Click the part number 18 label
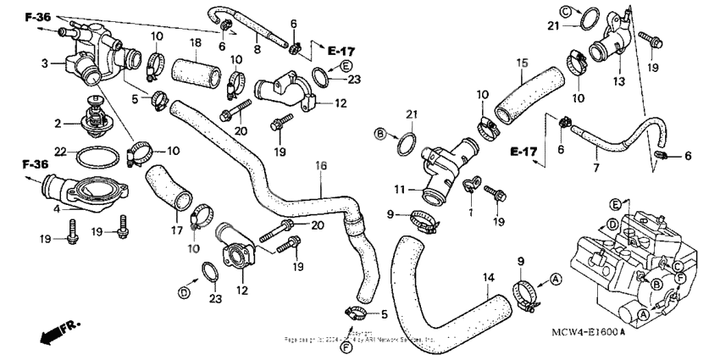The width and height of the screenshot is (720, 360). coord(194,42)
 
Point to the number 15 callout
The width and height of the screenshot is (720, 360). coord(523,62)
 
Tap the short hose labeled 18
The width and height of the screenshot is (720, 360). coord(194,68)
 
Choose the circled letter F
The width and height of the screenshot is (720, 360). coord(346,346)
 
